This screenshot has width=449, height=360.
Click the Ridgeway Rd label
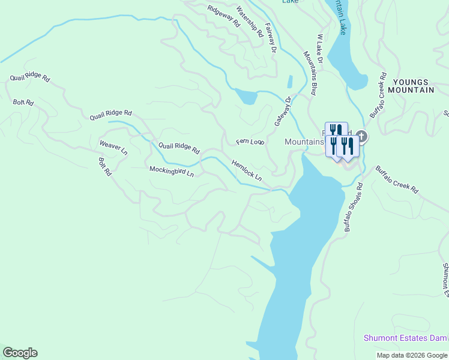[223, 17]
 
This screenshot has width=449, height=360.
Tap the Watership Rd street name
[250, 22]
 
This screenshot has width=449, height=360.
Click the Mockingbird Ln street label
[172, 172]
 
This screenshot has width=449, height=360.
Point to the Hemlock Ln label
[247, 170]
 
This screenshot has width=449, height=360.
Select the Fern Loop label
[250, 142]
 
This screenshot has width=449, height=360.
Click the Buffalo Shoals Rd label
[354, 207]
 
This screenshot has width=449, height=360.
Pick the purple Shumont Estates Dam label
[405, 338]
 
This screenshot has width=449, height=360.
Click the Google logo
[20, 353]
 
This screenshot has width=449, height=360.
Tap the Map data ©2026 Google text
[412, 355]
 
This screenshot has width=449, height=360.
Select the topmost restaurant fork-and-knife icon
[336, 130]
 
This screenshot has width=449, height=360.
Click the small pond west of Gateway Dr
[246, 96]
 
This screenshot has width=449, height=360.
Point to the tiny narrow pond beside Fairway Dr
[290, 82]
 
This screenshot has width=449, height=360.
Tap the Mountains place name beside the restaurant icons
[303, 142]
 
